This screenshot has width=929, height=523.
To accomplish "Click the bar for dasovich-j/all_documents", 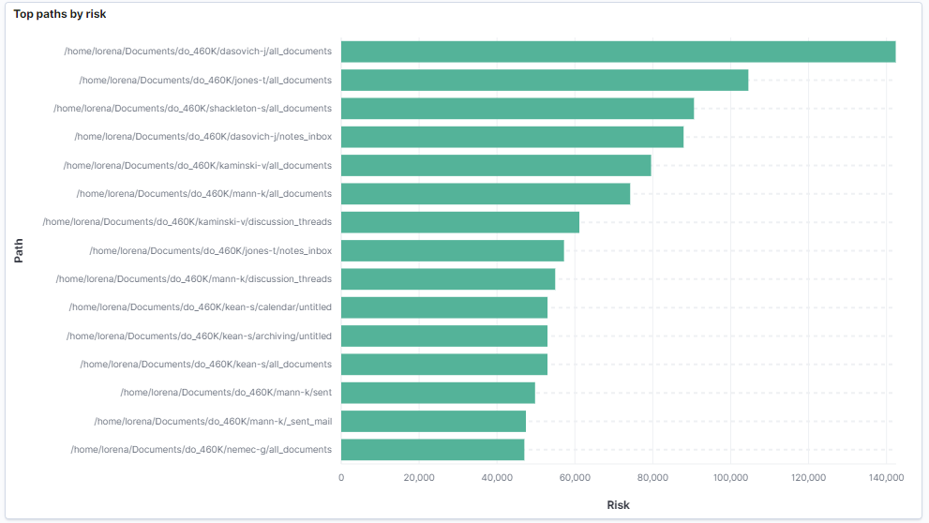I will pos(618,52).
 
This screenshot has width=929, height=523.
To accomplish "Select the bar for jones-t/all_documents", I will pos(545,81).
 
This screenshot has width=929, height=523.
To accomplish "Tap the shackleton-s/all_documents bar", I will pos(517,109).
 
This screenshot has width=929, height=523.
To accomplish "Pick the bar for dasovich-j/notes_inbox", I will pos(512,137).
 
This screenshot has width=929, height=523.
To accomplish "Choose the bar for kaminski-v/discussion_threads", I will pos(460,222).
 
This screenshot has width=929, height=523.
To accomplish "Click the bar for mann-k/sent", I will pos(438,393).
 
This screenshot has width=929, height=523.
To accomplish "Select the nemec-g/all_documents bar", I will pos(432,450).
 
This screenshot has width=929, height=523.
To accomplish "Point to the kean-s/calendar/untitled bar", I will pos(444,307).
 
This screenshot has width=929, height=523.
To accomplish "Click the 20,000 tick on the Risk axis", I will pos(419,478).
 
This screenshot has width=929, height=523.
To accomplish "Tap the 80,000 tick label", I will pos(652,478).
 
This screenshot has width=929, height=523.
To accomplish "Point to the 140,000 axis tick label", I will pos(885,478).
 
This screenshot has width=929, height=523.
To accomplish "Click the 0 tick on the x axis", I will pos(341,478).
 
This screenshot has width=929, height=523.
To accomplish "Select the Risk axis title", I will pos(618,505).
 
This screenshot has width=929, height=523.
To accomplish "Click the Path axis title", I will pos(19,250).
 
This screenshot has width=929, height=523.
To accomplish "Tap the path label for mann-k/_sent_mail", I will pos(213,422).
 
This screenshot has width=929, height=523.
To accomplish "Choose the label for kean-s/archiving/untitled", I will pos(199,336).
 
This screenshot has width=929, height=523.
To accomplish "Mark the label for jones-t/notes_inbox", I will pos(210,251).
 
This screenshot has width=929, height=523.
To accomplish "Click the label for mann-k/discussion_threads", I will pos(194,279).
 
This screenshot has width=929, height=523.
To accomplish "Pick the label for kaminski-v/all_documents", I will pos(198,166).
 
